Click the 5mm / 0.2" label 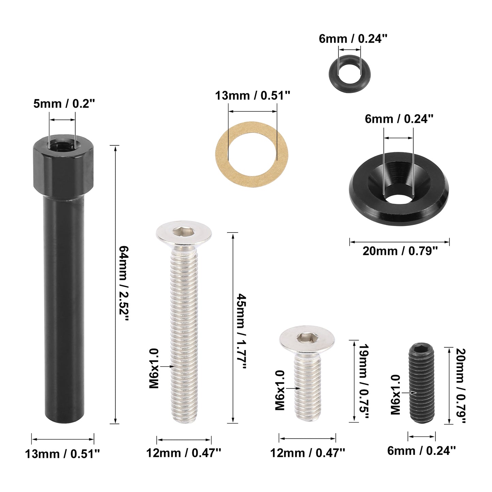(x=64, y=104)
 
